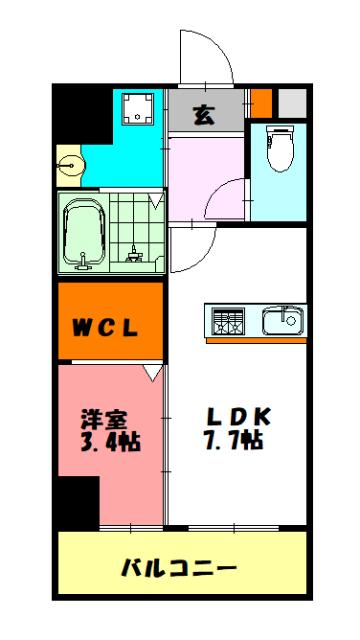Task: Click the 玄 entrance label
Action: pos(204,114)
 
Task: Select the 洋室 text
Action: pos(104,419)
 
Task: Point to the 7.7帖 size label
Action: pos(236,440)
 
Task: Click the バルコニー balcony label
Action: pos(180,568)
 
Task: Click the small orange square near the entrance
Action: pos(261,103)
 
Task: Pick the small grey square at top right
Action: pos(290,103)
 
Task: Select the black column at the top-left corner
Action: pos(80,115)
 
